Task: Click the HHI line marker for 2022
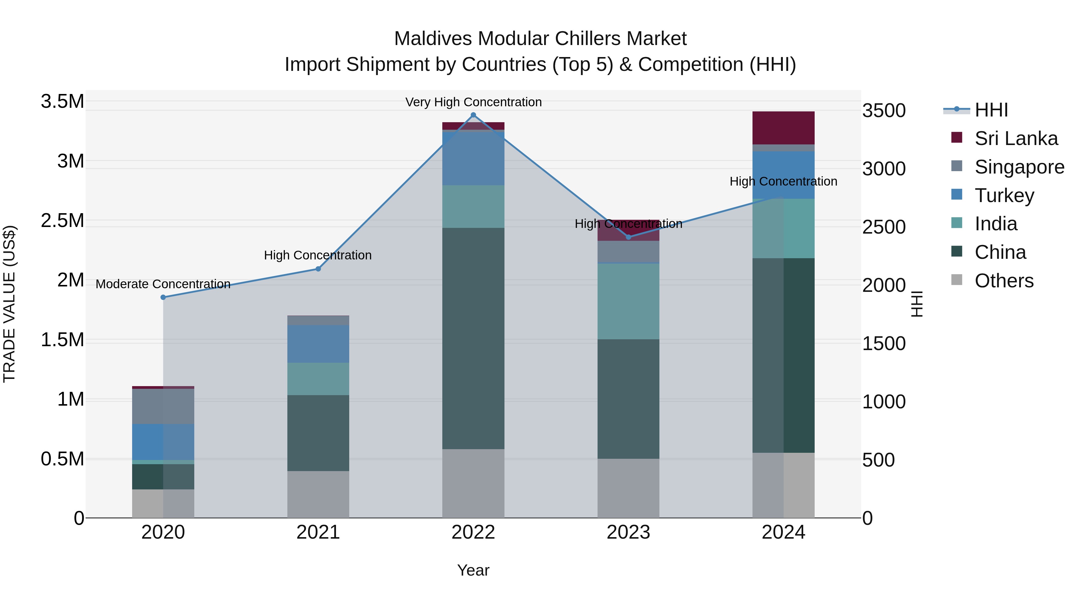(473, 115)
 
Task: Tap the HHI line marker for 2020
(163, 297)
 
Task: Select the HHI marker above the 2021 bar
(318, 269)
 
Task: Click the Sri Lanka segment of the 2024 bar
(783, 128)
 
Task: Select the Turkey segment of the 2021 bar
(318, 344)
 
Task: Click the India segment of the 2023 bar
(628, 301)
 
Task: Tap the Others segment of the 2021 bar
(318, 494)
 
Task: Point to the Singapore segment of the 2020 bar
(163, 406)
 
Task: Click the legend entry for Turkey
(1004, 195)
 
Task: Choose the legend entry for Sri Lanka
(1016, 138)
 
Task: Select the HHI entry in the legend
(990, 110)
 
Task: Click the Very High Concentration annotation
(473, 102)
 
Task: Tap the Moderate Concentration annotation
(163, 284)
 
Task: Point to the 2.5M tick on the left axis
(62, 221)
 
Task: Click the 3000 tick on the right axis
(884, 169)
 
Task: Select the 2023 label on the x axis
(628, 532)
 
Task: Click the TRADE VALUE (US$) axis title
(9, 304)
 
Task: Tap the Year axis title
(473, 570)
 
